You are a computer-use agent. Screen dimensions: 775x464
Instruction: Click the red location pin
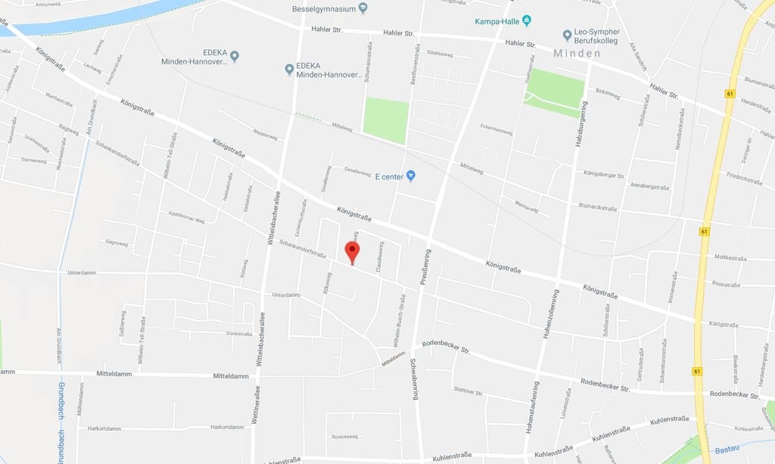pyautogui.click(x=352, y=252)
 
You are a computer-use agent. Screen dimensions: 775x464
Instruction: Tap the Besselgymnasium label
pyautogui.click(x=324, y=9)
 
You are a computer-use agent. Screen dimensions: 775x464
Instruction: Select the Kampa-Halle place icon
pyautogui.click(x=528, y=20)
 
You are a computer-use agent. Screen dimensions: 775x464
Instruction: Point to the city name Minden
pyautogui.click(x=577, y=54)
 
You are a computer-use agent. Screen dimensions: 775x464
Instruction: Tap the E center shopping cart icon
pyautogui.click(x=411, y=176)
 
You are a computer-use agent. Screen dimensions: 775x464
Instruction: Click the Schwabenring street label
pyautogui.click(x=413, y=378)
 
